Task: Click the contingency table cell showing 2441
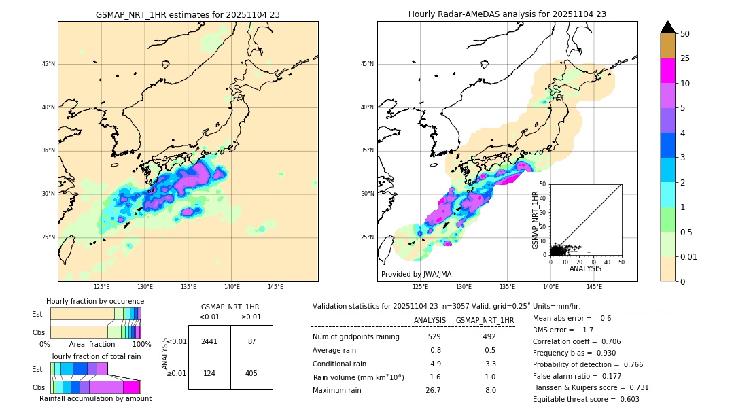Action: click(209, 341)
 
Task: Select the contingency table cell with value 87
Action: click(251, 341)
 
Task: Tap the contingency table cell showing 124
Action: click(209, 373)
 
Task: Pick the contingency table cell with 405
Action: click(251, 373)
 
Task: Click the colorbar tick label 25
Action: click(685, 58)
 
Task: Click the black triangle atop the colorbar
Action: click(668, 27)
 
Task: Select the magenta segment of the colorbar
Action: click(668, 71)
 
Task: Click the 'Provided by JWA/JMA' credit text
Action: click(416, 274)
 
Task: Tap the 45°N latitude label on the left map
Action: click(48, 64)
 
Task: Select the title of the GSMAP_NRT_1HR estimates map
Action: click(188, 14)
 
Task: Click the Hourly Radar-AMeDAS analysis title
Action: click(507, 14)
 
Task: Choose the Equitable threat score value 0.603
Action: click(625, 399)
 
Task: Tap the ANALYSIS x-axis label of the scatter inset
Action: click(585, 268)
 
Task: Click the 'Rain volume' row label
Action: click(358, 377)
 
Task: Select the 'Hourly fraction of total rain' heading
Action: click(94, 356)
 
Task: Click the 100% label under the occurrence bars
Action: click(141, 345)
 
